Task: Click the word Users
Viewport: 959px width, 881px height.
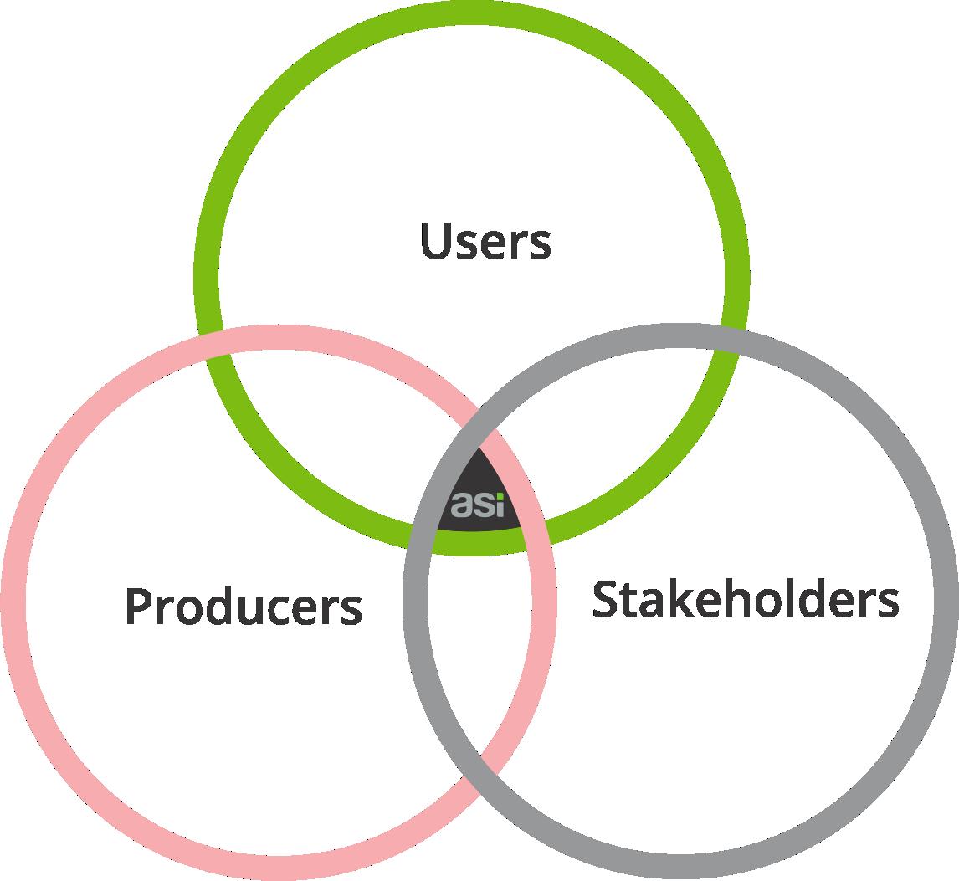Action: (485, 241)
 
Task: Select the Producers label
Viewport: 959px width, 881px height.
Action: (244, 606)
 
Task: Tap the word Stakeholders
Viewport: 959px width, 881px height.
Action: (746, 598)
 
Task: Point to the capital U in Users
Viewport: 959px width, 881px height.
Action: (435, 240)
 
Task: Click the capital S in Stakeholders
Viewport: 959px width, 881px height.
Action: (605, 599)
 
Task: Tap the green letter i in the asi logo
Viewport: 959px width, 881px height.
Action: (500, 505)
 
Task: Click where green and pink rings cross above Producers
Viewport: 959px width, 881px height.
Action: (216, 344)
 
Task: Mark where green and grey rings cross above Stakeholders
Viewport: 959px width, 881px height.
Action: (730, 340)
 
